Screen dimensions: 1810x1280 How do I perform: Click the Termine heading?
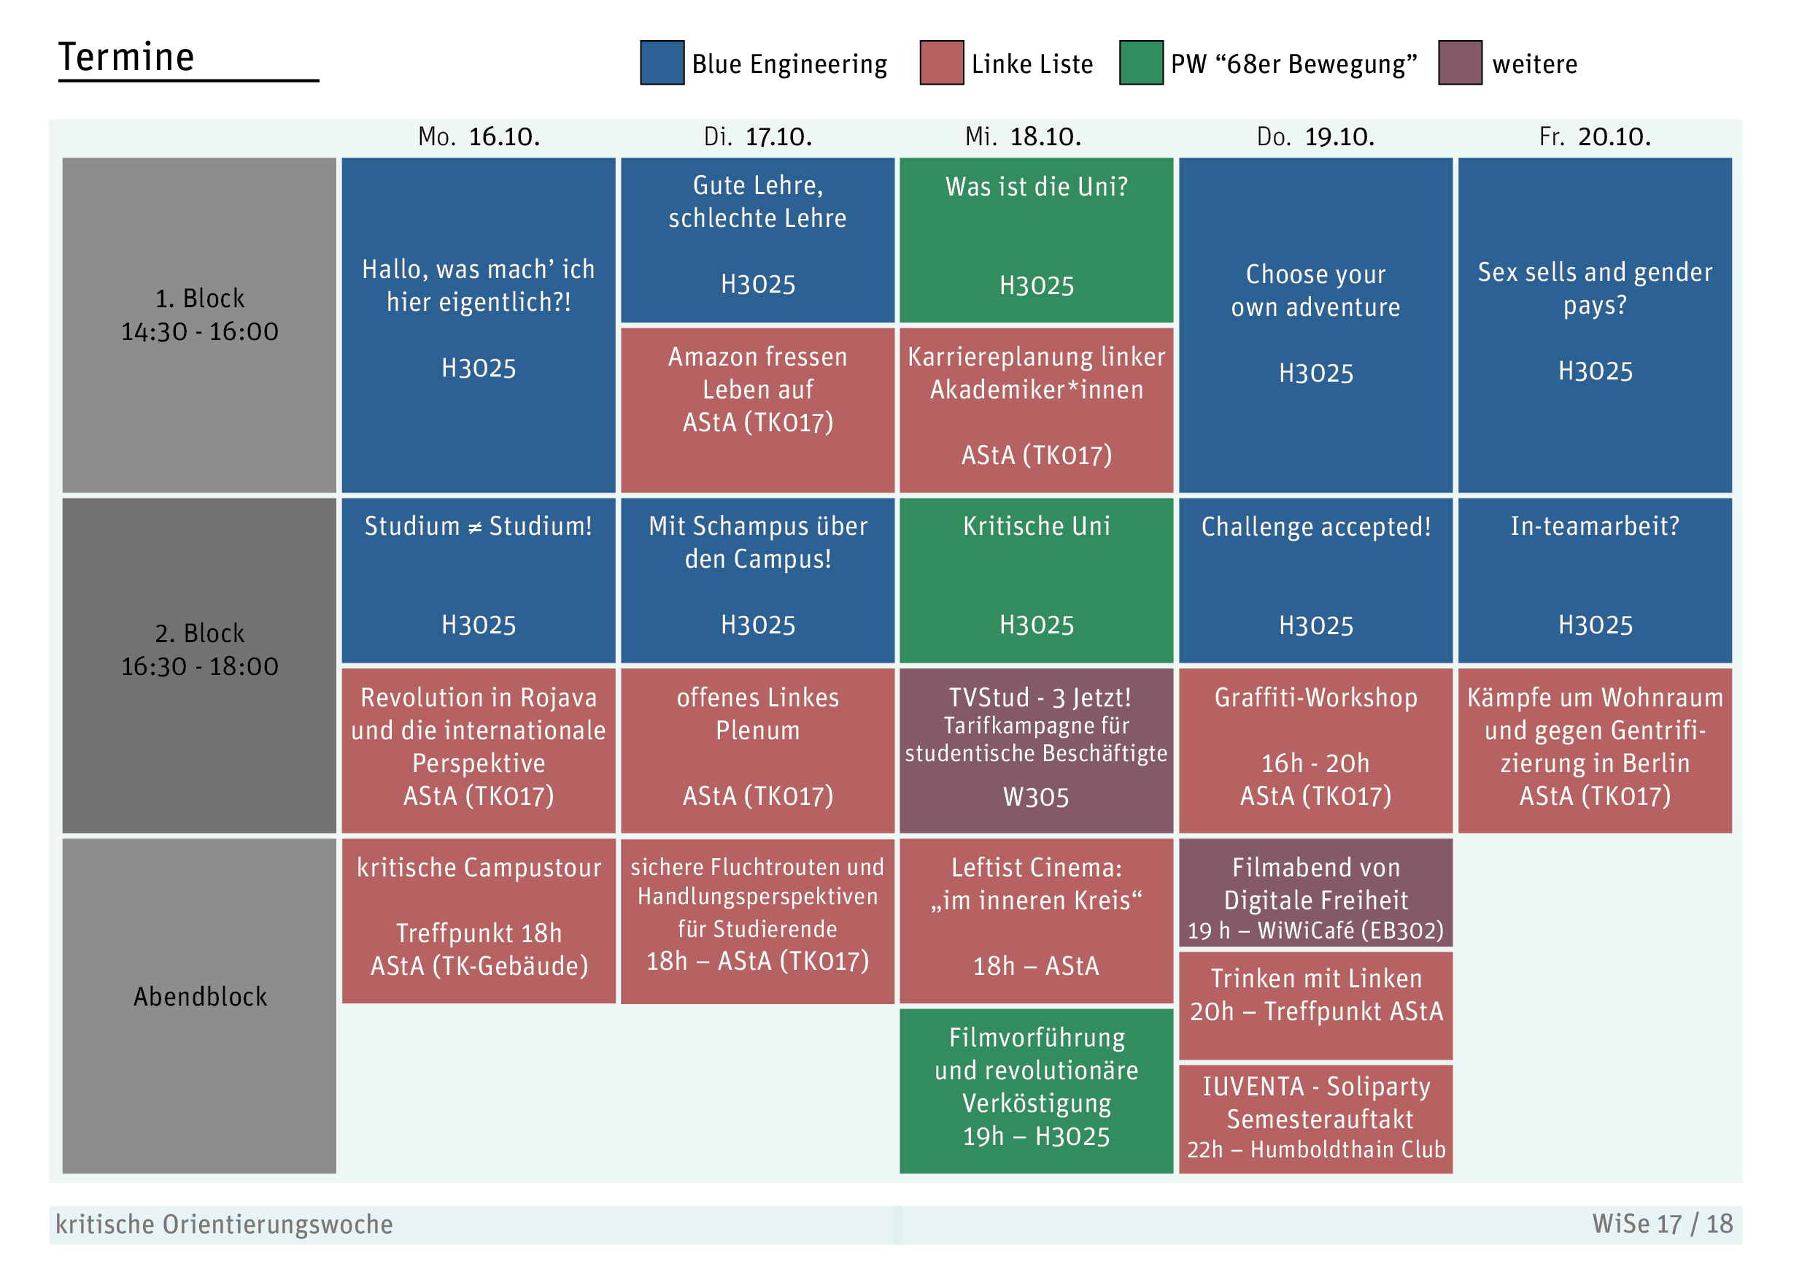point(126,57)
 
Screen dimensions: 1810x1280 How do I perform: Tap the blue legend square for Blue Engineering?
point(662,62)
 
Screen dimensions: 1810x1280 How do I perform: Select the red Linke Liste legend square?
point(941,62)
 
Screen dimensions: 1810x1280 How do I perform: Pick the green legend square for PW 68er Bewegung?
point(1142,62)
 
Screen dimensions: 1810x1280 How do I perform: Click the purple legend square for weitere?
point(1460,62)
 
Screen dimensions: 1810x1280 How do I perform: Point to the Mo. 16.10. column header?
point(479,137)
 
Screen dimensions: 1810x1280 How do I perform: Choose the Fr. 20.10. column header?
point(1595,137)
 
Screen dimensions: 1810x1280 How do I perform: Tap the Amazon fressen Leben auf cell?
point(757,410)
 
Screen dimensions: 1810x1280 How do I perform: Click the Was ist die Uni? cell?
point(1037,240)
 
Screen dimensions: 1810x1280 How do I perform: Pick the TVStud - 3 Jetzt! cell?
point(1037,751)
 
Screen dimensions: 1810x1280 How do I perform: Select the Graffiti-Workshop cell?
point(1315,751)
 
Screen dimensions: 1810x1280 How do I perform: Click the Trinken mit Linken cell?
point(1315,1006)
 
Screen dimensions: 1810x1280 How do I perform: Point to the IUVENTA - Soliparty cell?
point(1315,1119)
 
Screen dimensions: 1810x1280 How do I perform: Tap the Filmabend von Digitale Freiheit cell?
point(1315,892)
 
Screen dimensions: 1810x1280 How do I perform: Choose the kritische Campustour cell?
point(479,921)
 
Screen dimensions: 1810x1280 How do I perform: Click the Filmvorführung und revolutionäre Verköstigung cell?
point(1037,1091)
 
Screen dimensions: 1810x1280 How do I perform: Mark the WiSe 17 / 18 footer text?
point(1663,1224)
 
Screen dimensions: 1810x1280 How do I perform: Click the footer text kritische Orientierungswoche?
point(224,1225)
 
